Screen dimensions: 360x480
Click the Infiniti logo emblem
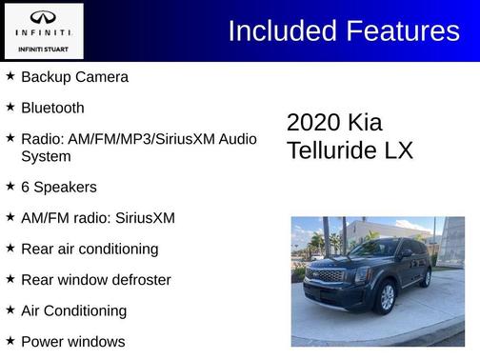(x=43, y=18)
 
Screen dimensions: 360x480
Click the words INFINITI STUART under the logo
(x=43, y=49)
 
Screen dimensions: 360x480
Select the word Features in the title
(x=403, y=30)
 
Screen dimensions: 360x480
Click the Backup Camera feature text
(x=74, y=77)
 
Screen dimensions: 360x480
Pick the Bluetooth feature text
(x=52, y=108)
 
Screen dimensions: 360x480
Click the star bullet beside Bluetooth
(x=10, y=107)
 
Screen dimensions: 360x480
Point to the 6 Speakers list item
(x=58, y=188)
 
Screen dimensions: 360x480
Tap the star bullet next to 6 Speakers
(x=10, y=187)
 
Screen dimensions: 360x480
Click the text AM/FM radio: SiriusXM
(x=98, y=218)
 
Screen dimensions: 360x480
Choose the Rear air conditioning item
(x=90, y=249)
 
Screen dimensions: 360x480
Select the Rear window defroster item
(x=95, y=280)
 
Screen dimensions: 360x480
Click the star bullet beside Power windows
(x=10, y=340)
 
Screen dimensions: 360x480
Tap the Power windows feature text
(x=72, y=341)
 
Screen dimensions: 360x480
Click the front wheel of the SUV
(x=387, y=296)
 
